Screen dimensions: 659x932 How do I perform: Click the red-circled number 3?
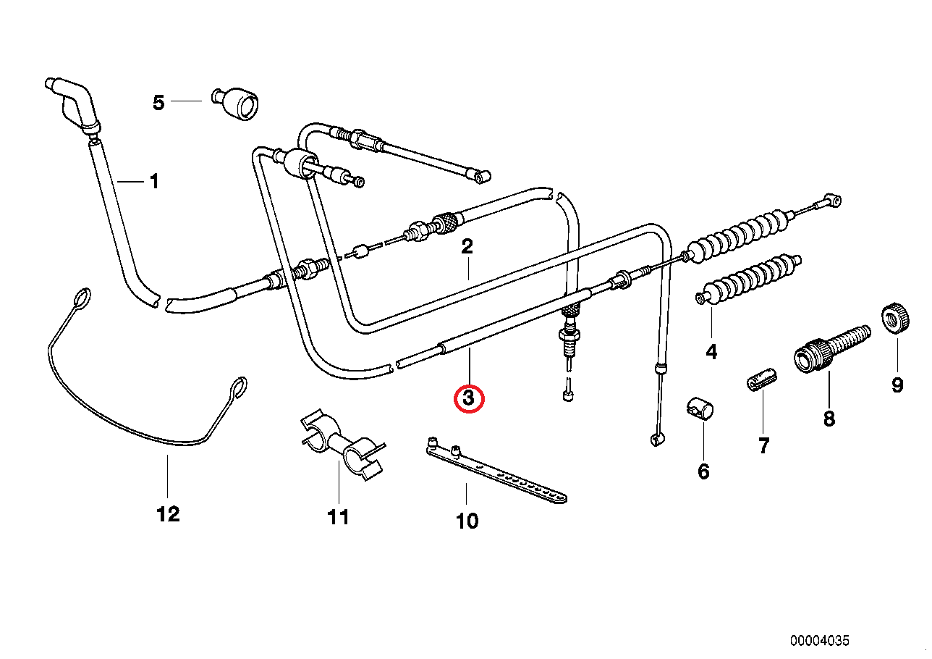pyautogui.click(x=468, y=398)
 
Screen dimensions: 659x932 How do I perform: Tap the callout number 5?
pyautogui.click(x=158, y=103)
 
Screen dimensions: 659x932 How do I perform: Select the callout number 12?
pyautogui.click(x=167, y=515)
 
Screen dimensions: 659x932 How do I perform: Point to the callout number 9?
pyautogui.click(x=897, y=385)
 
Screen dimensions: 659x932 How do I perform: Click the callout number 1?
pyautogui.click(x=153, y=181)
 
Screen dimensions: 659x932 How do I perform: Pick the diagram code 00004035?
pyautogui.click(x=819, y=641)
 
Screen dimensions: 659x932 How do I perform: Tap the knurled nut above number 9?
pyautogui.click(x=894, y=318)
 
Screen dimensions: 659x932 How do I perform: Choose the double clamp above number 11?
pyautogui.click(x=339, y=446)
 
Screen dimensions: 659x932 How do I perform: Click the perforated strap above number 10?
pyautogui.click(x=496, y=472)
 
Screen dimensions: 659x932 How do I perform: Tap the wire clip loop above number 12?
pyautogui.click(x=145, y=406)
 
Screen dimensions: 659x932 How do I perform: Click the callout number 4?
pyautogui.click(x=711, y=353)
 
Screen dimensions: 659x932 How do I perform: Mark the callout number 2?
pyautogui.click(x=467, y=246)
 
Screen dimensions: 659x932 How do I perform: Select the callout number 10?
pyautogui.click(x=467, y=521)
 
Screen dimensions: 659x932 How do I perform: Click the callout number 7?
pyautogui.click(x=763, y=446)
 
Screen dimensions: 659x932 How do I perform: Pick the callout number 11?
pyautogui.click(x=338, y=517)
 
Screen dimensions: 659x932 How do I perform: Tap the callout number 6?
pyautogui.click(x=703, y=472)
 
